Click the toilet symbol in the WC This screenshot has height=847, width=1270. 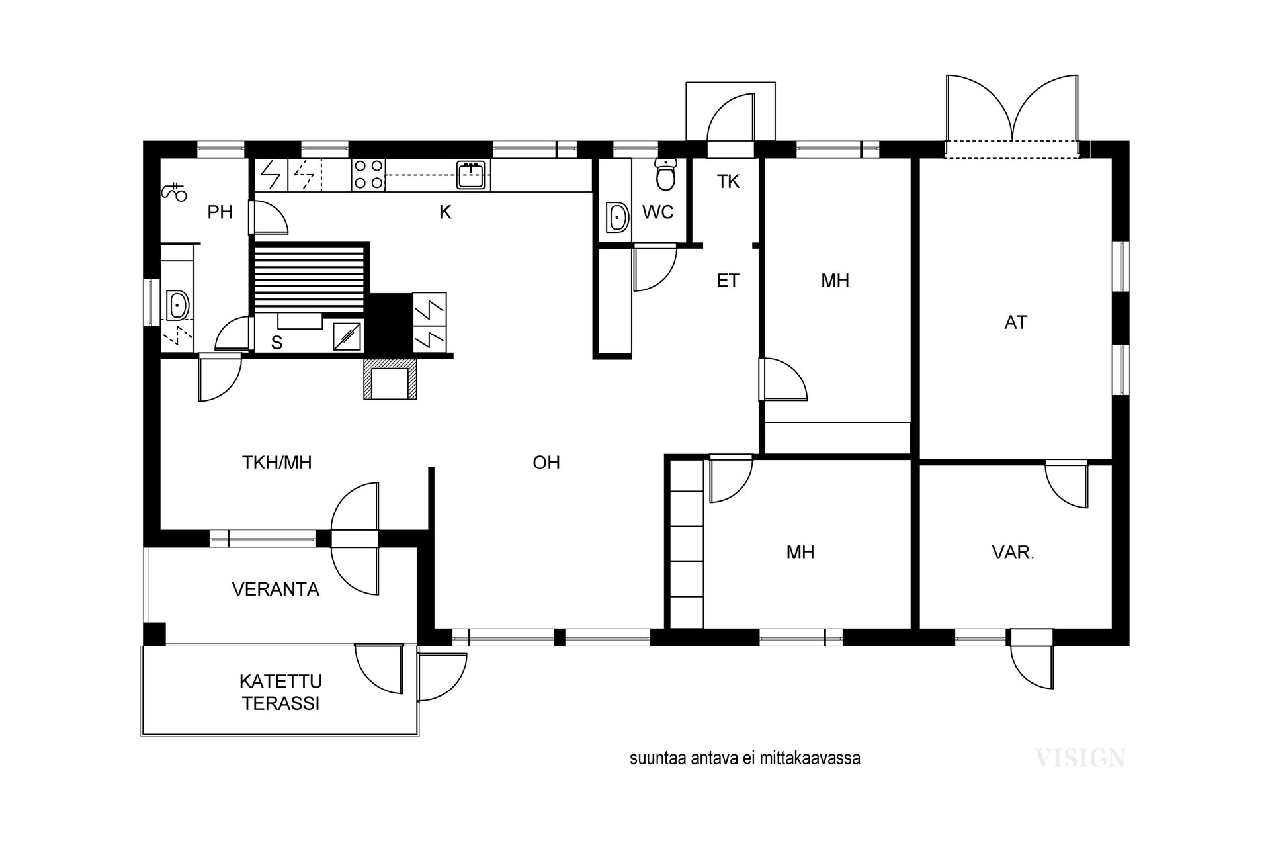click(665, 175)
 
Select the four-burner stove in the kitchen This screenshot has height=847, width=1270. click(368, 175)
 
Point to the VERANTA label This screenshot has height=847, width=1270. click(275, 589)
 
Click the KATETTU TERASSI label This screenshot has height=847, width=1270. click(280, 692)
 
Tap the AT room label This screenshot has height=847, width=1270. click(1015, 322)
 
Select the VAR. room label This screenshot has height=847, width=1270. click(1013, 553)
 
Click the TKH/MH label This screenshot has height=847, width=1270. click(276, 463)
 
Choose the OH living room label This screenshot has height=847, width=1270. click(546, 463)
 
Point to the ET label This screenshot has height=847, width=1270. click(728, 281)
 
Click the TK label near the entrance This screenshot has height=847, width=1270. click(728, 181)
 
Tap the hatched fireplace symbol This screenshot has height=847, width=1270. click(390, 380)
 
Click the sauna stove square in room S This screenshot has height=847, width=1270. click(348, 336)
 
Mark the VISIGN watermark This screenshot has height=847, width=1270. click(1079, 758)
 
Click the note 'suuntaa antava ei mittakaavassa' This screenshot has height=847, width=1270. click(745, 758)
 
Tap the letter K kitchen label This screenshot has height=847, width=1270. click(445, 212)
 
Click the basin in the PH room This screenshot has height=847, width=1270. click(177, 306)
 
